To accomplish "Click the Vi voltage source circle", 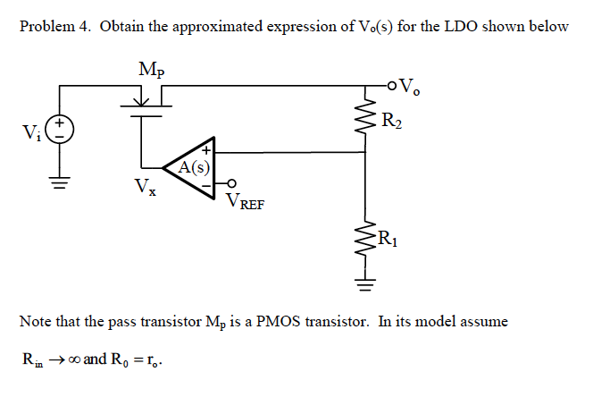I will [x=60, y=129].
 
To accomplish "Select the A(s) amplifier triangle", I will [x=194, y=166].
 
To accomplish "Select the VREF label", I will [x=243, y=201].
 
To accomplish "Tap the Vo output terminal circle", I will [x=390, y=86].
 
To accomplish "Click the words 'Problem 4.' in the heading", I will [x=55, y=26].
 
